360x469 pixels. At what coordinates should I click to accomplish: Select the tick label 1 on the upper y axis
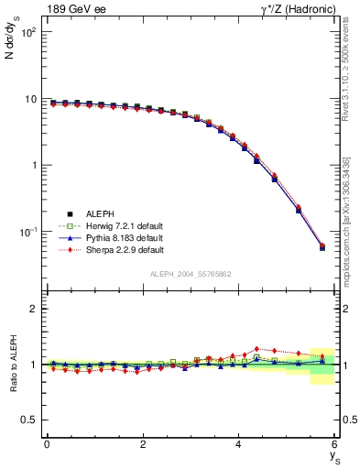click(x=35, y=166)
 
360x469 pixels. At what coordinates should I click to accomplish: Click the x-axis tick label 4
click(x=238, y=445)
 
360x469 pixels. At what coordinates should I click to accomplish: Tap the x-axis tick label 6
click(x=334, y=445)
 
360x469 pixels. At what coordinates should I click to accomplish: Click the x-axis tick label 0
click(x=47, y=445)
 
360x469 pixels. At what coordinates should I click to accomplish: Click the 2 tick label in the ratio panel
click(x=35, y=309)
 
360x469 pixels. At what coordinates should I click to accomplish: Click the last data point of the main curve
click(x=322, y=247)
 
